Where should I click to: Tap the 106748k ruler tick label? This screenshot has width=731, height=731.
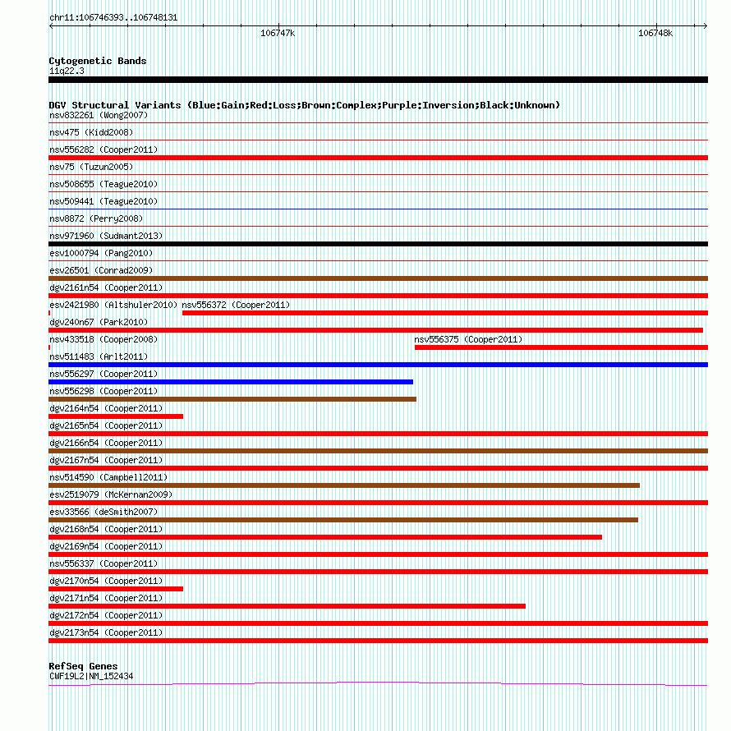(655, 34)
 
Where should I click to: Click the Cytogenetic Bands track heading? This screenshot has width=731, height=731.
(98, 61)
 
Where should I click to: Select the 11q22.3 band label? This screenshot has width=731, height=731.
(67, 71)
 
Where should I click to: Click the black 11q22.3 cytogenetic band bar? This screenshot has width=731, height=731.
(378, 80)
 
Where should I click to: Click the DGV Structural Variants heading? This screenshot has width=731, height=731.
(304, 105)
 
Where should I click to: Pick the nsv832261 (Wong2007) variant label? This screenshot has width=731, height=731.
(99, 115)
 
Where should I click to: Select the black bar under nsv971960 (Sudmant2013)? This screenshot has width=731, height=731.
(378, 244)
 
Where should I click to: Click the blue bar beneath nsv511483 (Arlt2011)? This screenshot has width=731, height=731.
(378, 365)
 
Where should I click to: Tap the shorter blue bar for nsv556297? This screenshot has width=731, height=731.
(231, 382)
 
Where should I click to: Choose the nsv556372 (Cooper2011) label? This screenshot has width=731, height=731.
(236, 305)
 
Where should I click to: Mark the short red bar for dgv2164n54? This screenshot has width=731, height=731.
(116, 416)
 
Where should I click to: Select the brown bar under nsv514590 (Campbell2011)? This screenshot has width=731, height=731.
(344, 485)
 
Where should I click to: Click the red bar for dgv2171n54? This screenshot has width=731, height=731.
(287, 606)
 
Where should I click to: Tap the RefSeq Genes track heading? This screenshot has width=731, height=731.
(83, 666)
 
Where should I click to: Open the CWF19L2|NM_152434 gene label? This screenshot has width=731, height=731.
(91, 676)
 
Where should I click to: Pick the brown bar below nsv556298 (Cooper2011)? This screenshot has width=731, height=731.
(232, 399)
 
